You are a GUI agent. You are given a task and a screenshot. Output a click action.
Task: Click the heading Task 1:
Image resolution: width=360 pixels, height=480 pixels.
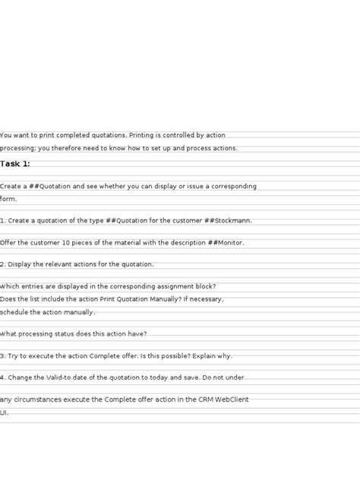tap(15, 164)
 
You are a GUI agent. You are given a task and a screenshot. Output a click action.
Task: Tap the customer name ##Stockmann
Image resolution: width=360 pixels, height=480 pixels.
tap(228, 221)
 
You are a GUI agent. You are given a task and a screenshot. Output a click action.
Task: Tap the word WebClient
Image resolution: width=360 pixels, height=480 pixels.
tap(229, 399)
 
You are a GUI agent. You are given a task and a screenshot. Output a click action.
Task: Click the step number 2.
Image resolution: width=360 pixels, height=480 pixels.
tap(2, 264)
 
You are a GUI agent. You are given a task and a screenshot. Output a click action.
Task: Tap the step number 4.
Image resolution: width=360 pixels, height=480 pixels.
tap(2, 377)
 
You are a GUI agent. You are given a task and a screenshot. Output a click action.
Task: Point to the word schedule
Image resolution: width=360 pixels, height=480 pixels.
tap(16, 312)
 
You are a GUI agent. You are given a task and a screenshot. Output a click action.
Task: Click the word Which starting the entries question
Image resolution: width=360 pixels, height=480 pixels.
tap(11, 286)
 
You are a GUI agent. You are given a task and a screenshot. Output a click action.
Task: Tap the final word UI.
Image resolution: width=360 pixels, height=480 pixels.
tap(4, 413)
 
